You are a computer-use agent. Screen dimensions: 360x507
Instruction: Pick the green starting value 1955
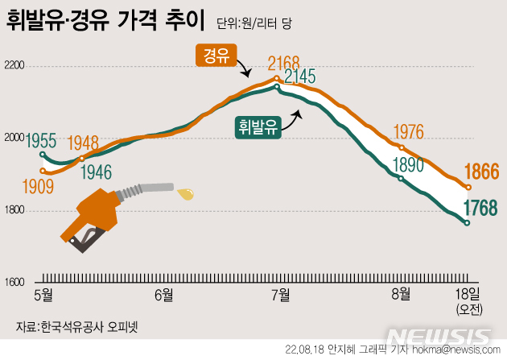point(40,139)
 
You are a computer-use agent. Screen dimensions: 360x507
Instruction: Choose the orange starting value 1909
point(39,186)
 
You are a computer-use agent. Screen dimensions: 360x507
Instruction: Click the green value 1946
point(97,171)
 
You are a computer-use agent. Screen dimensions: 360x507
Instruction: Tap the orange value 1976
point(407,132)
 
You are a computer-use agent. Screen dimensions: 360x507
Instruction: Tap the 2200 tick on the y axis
point(15,64)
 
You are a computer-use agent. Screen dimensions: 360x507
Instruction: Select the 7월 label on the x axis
point(281,294)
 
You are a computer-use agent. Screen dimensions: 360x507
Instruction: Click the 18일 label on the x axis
point(467,294)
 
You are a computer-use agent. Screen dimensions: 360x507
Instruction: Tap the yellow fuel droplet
point(187,193)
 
